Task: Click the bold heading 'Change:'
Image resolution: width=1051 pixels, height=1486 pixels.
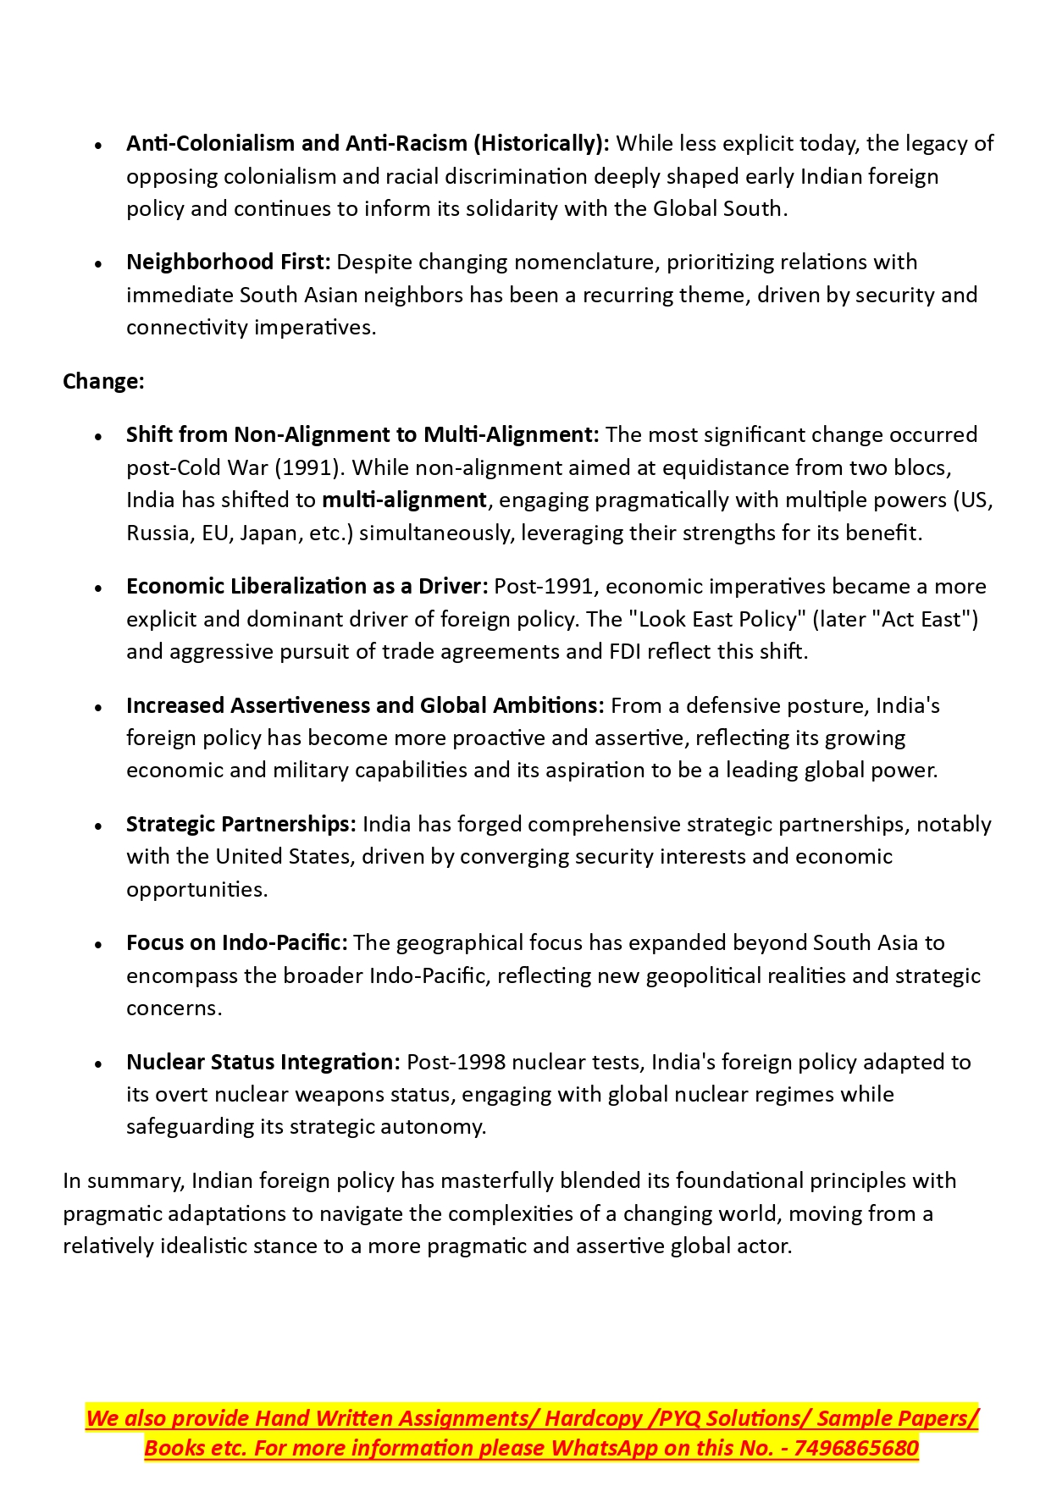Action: tap(103, 382)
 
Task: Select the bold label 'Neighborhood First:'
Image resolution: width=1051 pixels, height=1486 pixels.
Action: tap(228, 262)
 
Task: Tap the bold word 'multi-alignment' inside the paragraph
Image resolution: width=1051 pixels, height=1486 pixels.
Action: tap(404, 500)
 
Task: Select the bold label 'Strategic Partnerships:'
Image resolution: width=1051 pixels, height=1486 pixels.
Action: tap(241, 825)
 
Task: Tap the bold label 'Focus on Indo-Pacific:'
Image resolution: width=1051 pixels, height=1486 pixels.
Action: tap(237, 943)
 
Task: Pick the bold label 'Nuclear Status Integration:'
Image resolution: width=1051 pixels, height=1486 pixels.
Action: tap(263, 1063)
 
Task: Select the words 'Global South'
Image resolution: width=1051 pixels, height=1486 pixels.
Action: tap(717, 209)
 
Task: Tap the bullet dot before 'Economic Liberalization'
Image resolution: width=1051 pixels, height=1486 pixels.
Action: tap(99, 588)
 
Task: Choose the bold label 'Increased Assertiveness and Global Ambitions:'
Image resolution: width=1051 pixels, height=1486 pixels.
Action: tap(365, 706)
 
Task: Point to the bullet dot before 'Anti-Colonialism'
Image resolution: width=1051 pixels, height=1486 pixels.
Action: tap(99, 146)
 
